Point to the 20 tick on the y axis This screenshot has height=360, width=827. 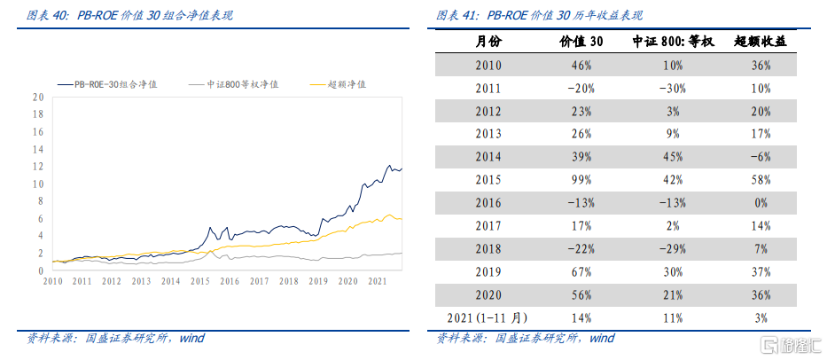[38, 98]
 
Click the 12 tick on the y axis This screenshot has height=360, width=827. [38, 167]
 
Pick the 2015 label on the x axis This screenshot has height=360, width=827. [200, 281]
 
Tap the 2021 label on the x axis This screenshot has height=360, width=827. [378, 281]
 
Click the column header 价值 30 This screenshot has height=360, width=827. [581, 42]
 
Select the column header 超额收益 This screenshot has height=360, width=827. [761, 42]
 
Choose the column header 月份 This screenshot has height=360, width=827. [488, 42]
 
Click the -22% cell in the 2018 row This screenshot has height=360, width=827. [581, 248]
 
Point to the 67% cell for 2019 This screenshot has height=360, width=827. [581, 271]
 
